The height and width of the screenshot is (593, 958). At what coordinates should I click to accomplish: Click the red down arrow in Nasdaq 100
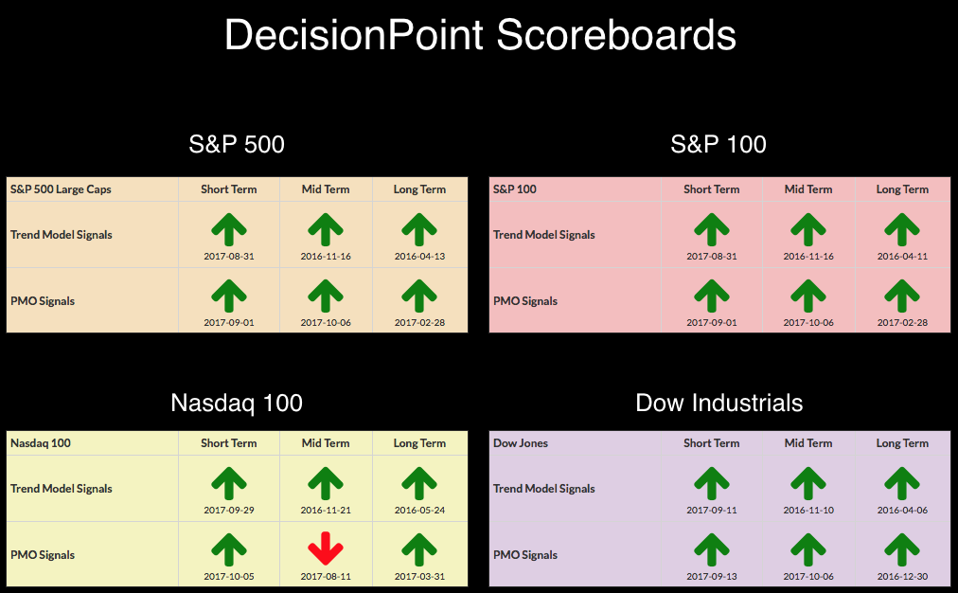point(326,548)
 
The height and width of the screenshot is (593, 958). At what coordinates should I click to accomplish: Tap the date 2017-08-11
point(326,577)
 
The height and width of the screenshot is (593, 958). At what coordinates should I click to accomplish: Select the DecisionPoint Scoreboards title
point(480,35)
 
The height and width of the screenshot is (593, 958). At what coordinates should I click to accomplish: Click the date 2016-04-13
point(419,256)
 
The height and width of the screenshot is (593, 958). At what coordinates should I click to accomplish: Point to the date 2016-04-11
point(902,256)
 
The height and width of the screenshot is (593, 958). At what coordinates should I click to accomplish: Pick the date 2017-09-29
point(229,510)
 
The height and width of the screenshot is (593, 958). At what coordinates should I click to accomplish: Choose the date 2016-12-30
point(902,577)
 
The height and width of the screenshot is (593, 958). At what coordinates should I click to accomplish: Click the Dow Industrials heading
point(719,403)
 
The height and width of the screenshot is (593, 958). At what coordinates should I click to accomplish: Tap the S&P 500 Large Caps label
point(61,189)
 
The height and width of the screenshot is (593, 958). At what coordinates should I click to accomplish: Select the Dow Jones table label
point(521,443)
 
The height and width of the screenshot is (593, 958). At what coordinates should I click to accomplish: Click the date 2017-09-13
point(712,577)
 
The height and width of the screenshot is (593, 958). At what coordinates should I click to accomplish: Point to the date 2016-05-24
point(419,510)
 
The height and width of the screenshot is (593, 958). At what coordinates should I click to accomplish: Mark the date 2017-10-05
point(229,577)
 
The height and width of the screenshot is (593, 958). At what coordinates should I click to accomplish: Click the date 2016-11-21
point(326,510)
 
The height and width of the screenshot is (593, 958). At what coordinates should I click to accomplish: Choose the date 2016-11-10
point(808,510)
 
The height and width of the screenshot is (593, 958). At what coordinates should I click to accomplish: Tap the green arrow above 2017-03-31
point(419,549)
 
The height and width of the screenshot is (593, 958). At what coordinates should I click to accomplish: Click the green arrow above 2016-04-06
point(902,483)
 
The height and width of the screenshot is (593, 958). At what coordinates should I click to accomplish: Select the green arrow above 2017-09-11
point(712,483)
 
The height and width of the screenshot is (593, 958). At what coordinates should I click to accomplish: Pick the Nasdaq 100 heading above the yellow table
point(237,403)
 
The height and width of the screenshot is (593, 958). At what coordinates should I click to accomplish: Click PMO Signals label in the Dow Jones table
point(525,555)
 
